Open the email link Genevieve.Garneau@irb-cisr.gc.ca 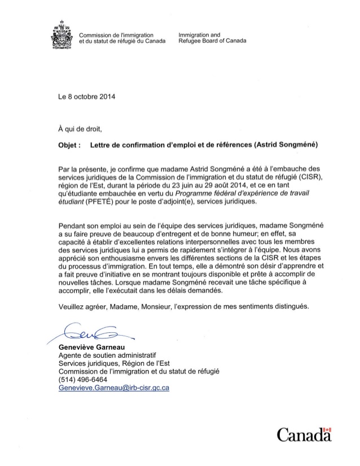[x=114, y=388]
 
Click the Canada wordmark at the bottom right [x=303, y=435]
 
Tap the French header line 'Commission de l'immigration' [x=116, y=36]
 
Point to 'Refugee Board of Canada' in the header [x=212, y=42]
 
